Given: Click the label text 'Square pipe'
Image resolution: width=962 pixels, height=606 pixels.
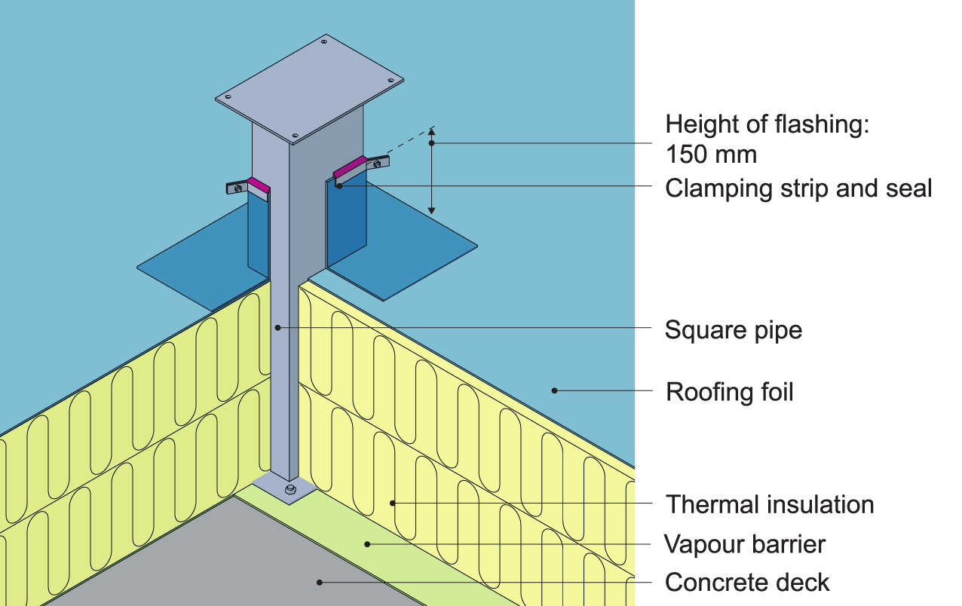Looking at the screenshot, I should point(733,329).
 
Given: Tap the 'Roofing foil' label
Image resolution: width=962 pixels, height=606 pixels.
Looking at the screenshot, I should point(729,392).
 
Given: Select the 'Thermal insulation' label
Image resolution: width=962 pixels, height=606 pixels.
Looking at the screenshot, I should point(770,504).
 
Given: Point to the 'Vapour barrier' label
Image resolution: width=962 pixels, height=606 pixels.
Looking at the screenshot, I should point(745,543).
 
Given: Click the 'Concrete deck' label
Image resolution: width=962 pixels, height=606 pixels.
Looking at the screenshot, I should point(747,583).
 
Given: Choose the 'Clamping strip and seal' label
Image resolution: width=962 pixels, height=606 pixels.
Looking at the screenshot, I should point(798,188).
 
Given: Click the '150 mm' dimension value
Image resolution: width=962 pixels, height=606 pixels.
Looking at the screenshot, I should point(711,155).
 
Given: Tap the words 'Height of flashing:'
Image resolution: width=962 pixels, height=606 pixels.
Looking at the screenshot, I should point(767,124).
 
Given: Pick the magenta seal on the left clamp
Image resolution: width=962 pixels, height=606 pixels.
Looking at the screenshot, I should point(259,184).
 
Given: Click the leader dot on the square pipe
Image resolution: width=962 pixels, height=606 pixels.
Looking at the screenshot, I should point(278,327).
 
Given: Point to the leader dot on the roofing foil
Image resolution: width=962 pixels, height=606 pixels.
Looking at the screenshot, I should point(554,390).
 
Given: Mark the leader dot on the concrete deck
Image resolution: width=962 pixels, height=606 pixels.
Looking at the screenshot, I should point(320,582).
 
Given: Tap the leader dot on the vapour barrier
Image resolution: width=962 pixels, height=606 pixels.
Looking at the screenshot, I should point(367,543).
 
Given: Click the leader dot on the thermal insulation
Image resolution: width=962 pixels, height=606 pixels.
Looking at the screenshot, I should point(392,503).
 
